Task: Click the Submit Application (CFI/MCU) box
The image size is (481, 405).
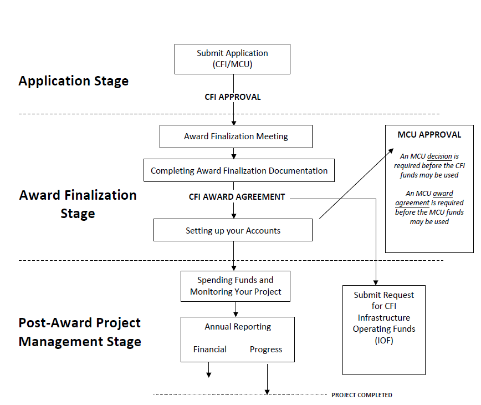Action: (x=232, y=59)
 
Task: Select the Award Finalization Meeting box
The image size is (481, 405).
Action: (x=236, y=136)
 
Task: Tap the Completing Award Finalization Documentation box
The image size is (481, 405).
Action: (x=239, y=171)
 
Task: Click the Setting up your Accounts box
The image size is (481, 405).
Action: (x=233, y=230)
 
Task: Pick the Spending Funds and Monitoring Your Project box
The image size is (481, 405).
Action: (x=236, y=286)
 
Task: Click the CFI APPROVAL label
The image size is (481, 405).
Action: (x=233, y=97)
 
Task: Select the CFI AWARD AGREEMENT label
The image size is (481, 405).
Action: (x=237, y=197)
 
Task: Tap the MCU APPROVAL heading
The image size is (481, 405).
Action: (x=429, y=135)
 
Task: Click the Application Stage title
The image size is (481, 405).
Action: (x=73, y=81)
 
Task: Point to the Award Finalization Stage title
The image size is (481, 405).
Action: (x=78, y=204)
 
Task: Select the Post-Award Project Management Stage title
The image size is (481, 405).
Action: (x=80, y=332)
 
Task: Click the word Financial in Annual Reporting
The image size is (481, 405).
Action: (x=209, y=350)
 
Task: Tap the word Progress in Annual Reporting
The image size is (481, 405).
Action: (x=266, y=350)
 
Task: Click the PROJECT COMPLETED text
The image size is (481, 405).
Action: (x=361, y=395)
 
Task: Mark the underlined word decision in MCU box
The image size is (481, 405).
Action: (x=448, y=156)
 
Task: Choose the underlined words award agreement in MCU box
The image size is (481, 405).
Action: (x=431, y=198)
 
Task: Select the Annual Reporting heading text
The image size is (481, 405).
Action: (x=238, y=327)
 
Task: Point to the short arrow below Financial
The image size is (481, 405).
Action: (x=209, y=370)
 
